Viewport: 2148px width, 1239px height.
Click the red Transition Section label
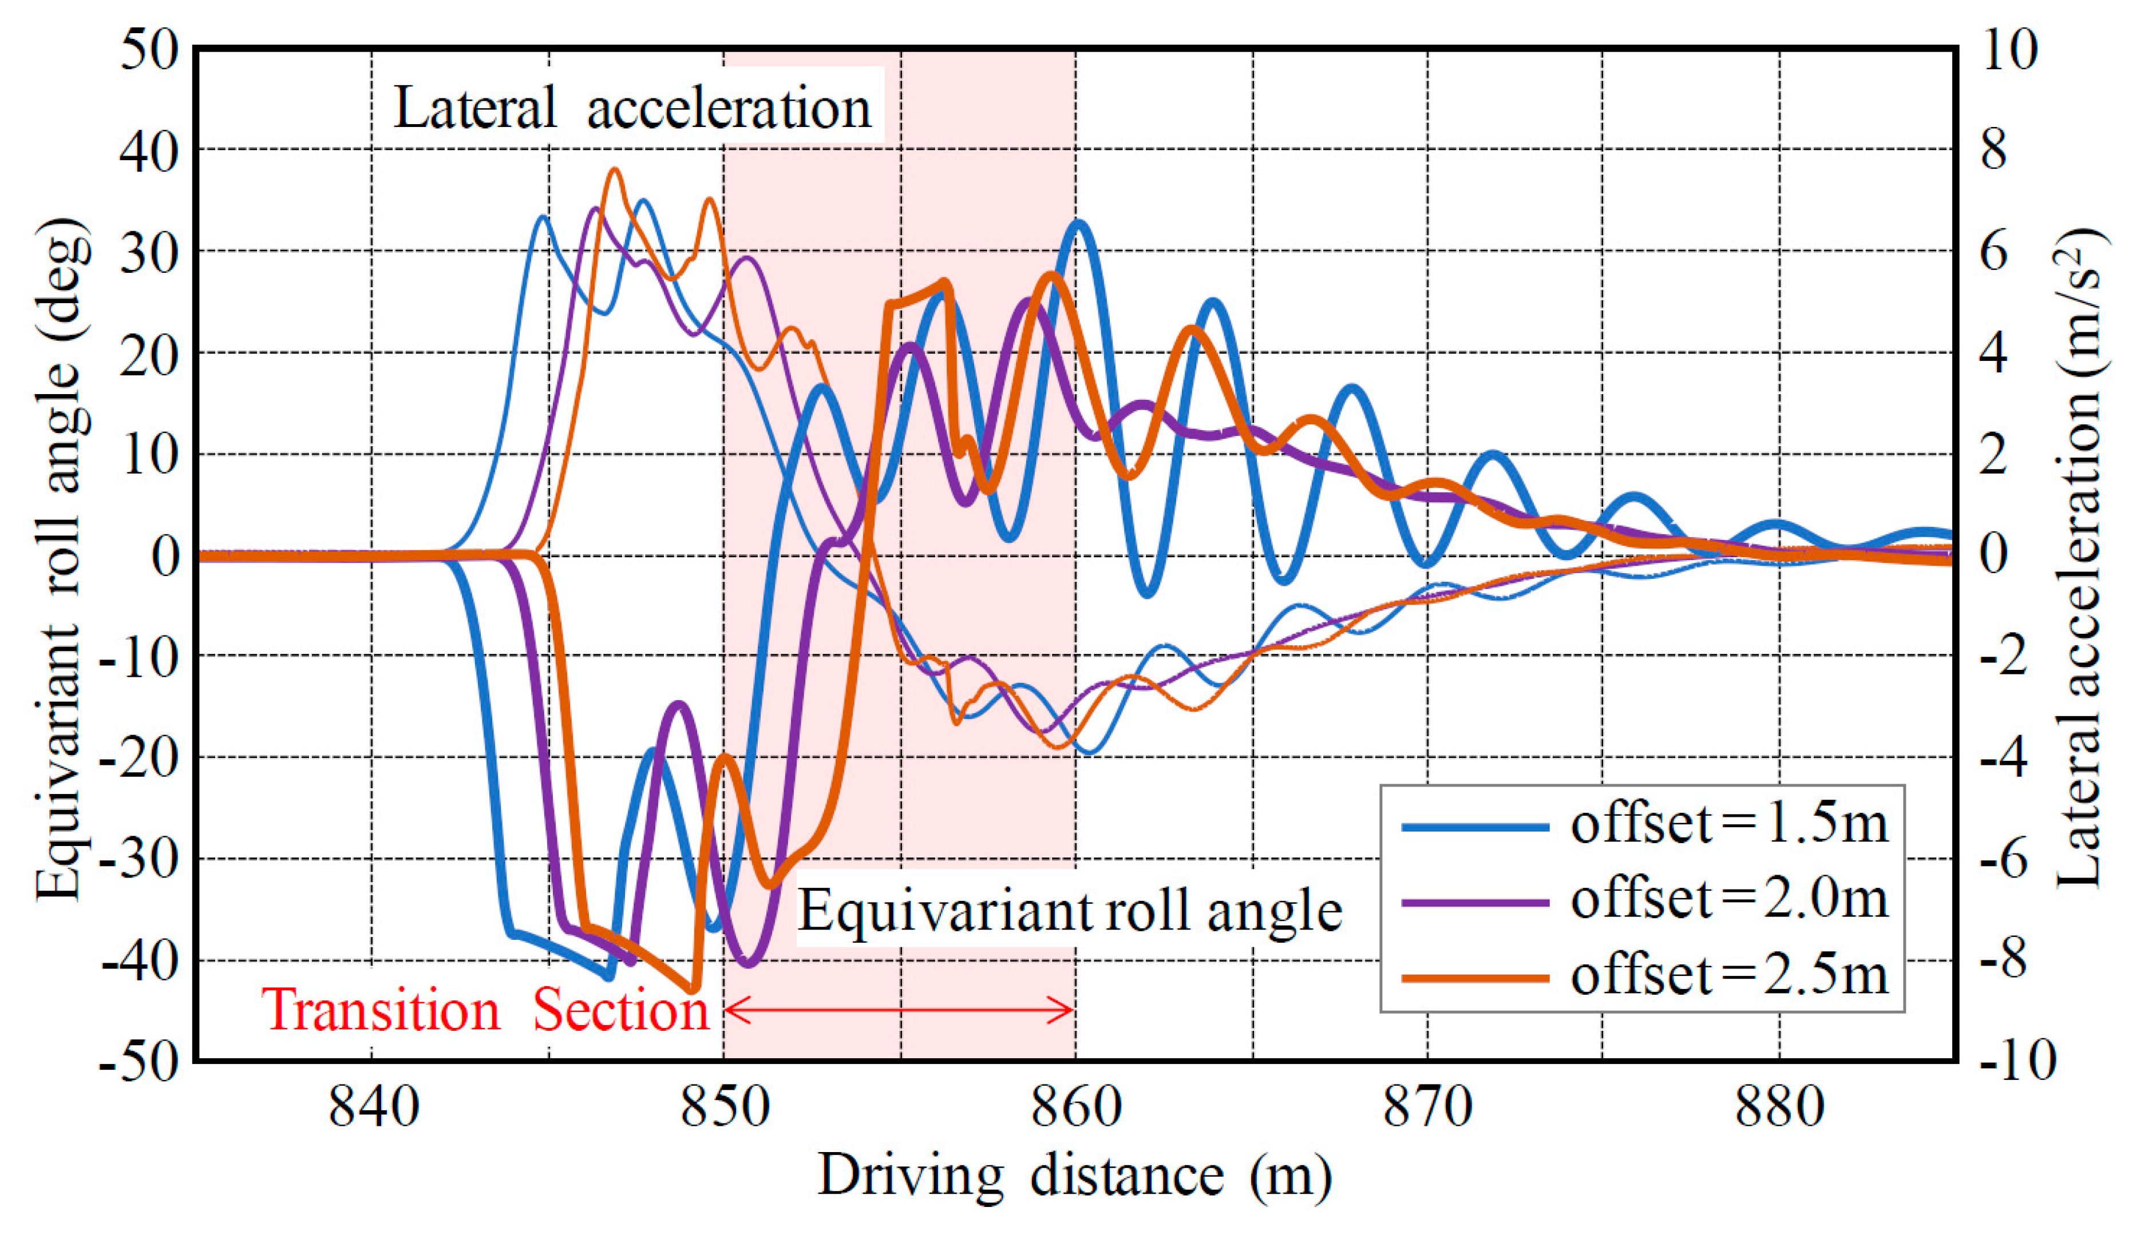(x=485, y=1011)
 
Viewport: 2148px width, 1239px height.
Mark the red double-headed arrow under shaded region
(x=899, y=1011)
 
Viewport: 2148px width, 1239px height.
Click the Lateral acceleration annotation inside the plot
(x=632, y=109)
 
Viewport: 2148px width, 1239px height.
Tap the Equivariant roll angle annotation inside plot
(x=1069, y=911)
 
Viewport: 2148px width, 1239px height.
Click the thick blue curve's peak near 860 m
(x=1079, y=223)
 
